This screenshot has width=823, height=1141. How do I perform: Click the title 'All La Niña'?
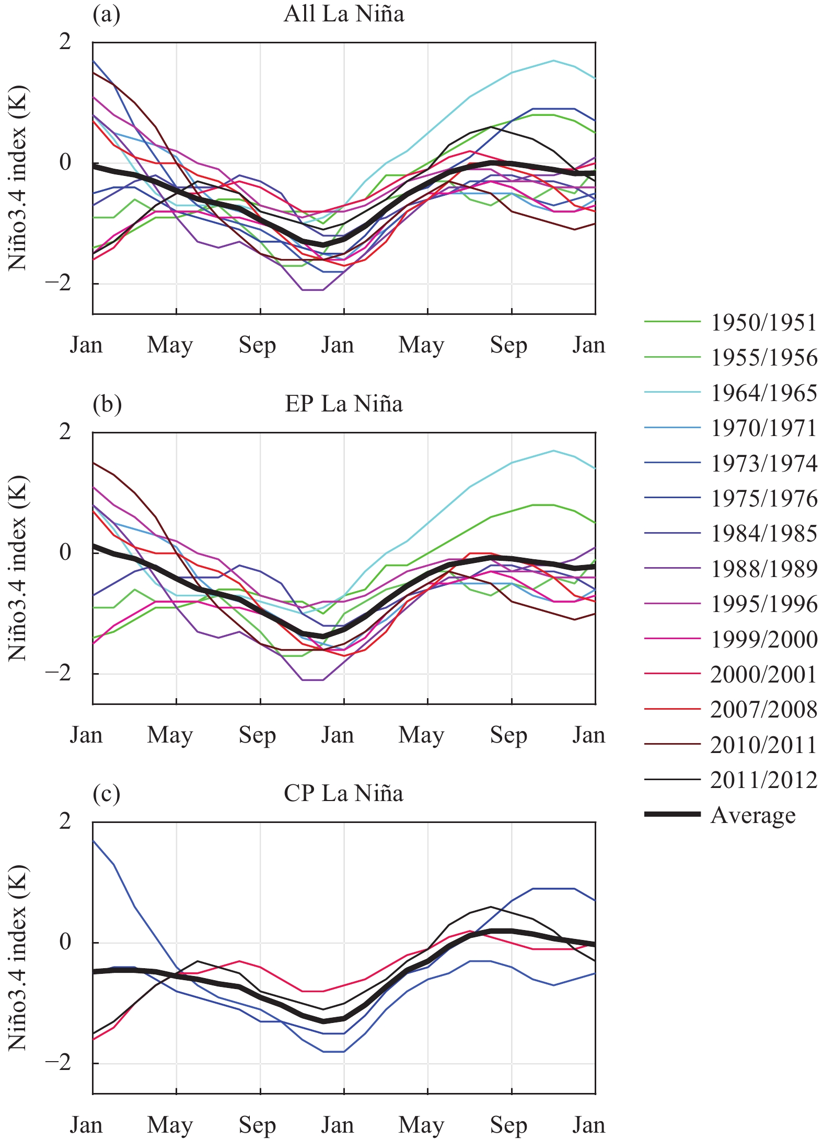[x=344, y=14]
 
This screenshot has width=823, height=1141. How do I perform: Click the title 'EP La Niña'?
[x=344, y=404]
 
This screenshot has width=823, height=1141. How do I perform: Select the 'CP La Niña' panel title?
[x=344, y=793]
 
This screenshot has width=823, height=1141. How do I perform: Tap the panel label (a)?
[x=107, y=14]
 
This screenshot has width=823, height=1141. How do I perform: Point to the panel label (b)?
[x=107, y=404]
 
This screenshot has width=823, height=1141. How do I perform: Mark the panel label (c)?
[x=107, y=793]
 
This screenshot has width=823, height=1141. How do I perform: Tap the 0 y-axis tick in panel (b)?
[x=65, y=552]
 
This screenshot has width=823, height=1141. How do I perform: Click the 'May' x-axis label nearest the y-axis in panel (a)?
[x=170, y=345]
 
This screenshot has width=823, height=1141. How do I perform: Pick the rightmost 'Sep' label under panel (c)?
[x=508, y=1125]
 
